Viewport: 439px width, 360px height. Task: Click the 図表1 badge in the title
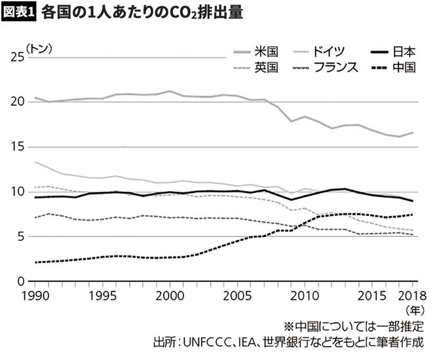click(x=18, y=14)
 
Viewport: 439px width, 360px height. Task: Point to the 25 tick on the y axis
click(x=16, y=58)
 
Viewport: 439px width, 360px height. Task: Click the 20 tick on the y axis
click(x=16, y=102)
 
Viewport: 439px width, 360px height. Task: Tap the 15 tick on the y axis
click(x=16, y=147)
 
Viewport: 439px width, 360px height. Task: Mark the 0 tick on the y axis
click(x=20, y=282)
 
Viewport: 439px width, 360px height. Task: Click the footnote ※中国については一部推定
click(x=354, y=327)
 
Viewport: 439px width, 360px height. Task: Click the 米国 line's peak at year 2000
click(x=170, y=91)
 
